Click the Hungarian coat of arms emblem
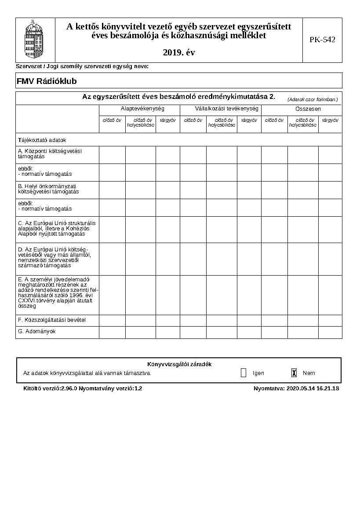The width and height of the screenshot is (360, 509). coord(35,40)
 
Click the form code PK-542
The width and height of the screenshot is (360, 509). coord(322,40)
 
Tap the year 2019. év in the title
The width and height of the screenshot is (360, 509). coord(178,53)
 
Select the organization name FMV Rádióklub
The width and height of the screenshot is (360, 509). coord(47,81)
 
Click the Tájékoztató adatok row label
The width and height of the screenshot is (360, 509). coord(42,140)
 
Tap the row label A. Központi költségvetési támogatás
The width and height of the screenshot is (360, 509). coord(50,153)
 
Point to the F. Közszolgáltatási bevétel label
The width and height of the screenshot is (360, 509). coord(52,320)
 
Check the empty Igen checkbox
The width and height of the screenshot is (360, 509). coord(244,373)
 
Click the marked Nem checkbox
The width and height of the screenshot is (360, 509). coord(294,373)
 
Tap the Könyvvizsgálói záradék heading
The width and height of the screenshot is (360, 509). coord(179,364)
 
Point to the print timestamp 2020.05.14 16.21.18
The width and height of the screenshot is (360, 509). coord(313,389)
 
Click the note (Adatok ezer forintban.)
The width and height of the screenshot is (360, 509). coord(313,99)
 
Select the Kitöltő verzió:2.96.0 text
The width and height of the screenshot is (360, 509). coord(50,389)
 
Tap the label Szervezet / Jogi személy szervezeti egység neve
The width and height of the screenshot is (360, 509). coord(82,66)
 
